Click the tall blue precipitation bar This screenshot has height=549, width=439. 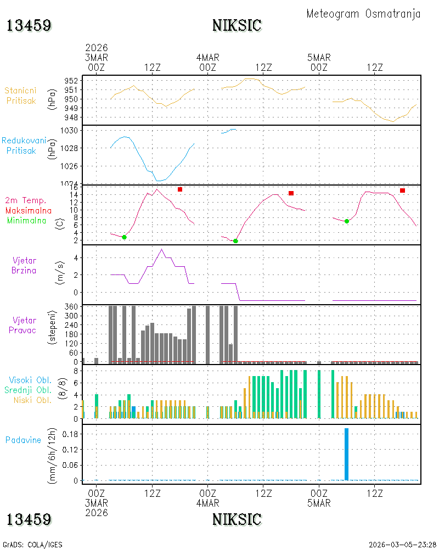click(x=347, y=454)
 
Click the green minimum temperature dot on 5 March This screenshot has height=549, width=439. click(x=347, y=221)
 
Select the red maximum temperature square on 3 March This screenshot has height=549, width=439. click(x=180, y=189)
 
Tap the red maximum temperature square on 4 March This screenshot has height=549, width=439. click(x=291, y=193)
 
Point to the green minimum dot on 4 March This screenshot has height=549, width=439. click(x=235, y=241)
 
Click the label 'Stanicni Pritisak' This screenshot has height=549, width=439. click(x=21, y=96)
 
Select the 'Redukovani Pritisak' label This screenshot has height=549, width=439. click(x=24, y=145)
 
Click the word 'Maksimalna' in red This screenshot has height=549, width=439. click(x=29, y=210)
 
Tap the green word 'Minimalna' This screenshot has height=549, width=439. click(x=26, y=221)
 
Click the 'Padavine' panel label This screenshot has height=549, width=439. click(x=23, y=440)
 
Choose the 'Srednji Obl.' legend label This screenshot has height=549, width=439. click(x=27, y=390)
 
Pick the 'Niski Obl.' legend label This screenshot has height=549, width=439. click(x=32, y=400)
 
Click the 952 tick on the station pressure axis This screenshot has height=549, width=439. click(x=71, y=81)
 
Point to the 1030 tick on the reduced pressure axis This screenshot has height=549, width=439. click(x=69, y=131)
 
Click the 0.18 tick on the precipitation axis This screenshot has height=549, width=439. click(x=70, y=434)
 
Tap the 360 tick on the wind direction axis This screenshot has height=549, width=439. click(x=71, y=307)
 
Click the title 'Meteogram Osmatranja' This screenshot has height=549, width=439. click(x=363, y=14)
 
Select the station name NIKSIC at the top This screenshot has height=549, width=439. click(x=237, y=26)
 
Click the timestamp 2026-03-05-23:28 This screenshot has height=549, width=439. click(x=402, y=545)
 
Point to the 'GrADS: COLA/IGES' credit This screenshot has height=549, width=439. click(x=32, y=545)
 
